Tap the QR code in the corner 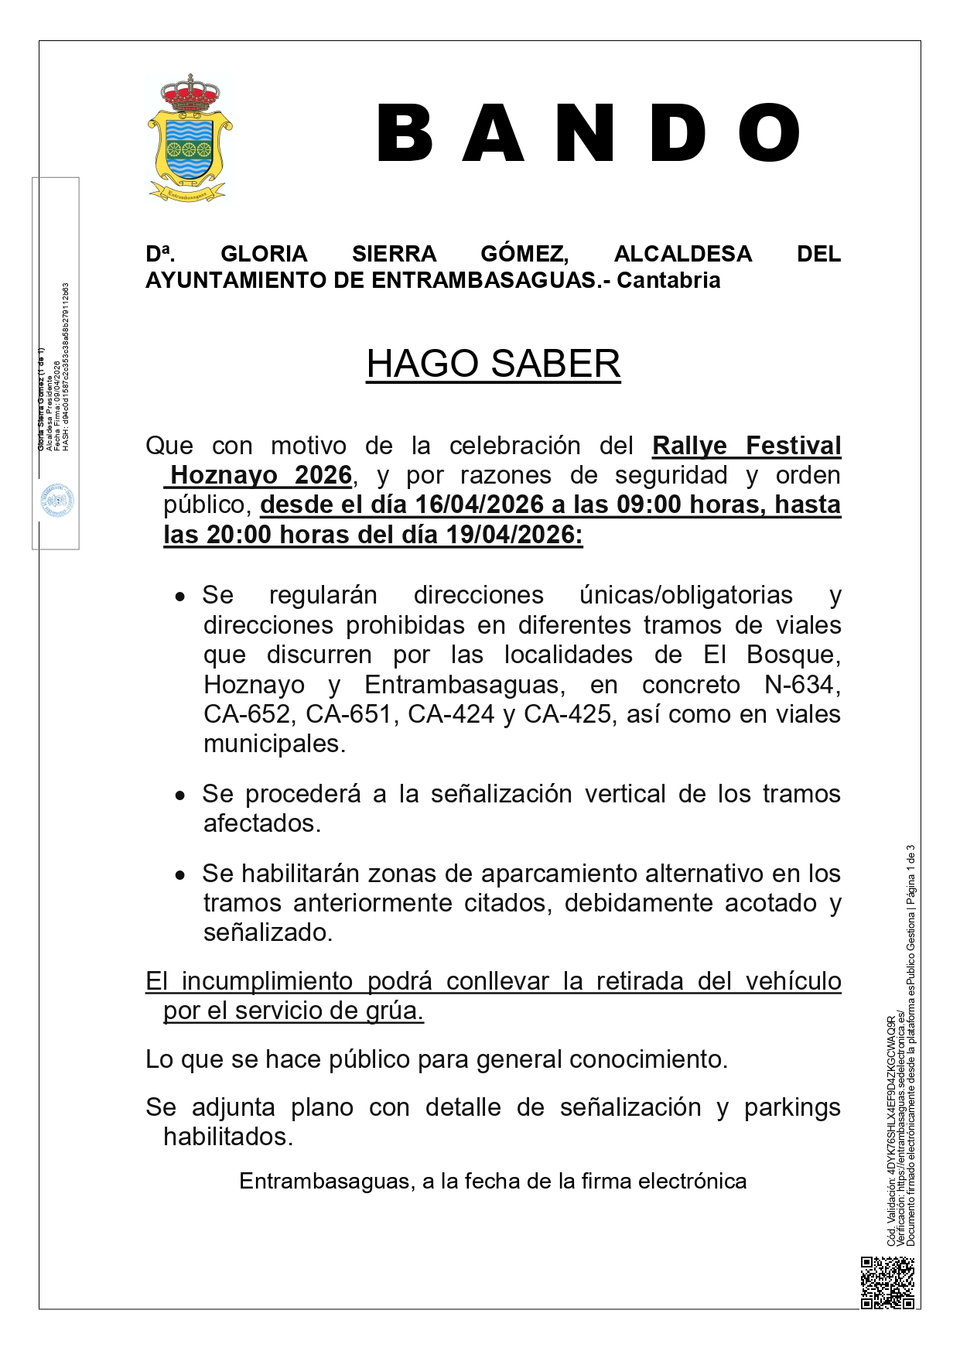887,1282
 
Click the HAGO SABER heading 493,364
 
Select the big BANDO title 588,134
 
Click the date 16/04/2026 479,505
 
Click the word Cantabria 668,280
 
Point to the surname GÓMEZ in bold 524,254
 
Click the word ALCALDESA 682,254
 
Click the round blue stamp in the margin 57,501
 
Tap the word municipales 274,744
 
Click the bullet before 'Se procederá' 180,795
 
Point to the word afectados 261,823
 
